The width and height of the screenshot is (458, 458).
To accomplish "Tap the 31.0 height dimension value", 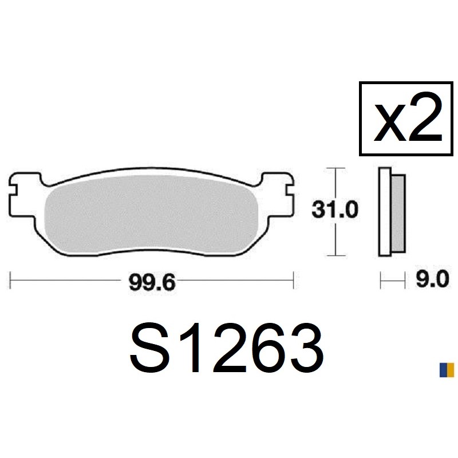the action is (335, 210).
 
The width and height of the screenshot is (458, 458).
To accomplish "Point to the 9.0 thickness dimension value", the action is (432, 279).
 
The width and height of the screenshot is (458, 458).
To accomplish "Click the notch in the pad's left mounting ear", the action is (13, 189).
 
